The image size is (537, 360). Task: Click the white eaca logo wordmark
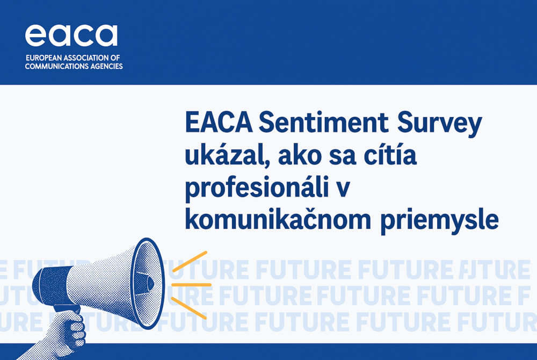pyautogui.click(x=71, y=35)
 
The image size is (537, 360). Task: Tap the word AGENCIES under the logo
pyautogui.click(x=106, y=66)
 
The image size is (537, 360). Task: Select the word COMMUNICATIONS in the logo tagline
pyautogui.click(x=56, y=66)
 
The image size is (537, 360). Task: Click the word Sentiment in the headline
pyautogui.click(x=323, y=123)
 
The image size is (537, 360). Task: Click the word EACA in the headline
pyautogui.click(x=219, y=123)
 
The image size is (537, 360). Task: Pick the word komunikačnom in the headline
pyautogui.click(x=278, y=219)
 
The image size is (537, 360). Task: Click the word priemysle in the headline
pyautogui.click(x=439, y=221)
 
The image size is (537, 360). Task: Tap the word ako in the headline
pyautogui.click(x=300, y=155)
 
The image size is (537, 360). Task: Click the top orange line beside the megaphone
pyautogui.click(x=190, y=262)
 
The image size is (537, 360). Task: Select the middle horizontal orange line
pyautogui.click(x=191, y=285)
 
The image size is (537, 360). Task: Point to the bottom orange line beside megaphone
pyautogui.click(x=188, y=308)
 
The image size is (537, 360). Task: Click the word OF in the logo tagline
pyautogui.click(x=115, y=58)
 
